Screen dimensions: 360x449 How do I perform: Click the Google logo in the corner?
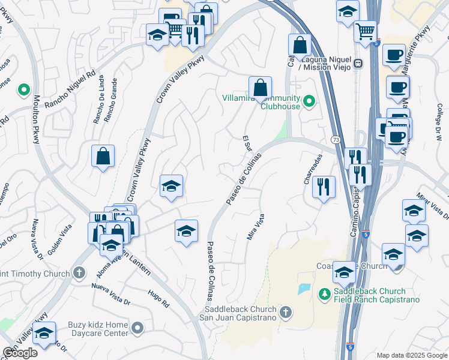click(20, 353)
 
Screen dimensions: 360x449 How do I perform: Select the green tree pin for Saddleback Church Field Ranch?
click(324, 293)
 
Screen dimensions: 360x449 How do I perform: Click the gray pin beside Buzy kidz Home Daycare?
click(138, 328)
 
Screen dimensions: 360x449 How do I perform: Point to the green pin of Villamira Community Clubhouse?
click(309, 101)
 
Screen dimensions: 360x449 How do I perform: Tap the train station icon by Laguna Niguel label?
click(358, 63)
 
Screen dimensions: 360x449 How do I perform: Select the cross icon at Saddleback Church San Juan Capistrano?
click(286, 312)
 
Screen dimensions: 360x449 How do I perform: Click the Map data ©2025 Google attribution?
click(411, 355)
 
